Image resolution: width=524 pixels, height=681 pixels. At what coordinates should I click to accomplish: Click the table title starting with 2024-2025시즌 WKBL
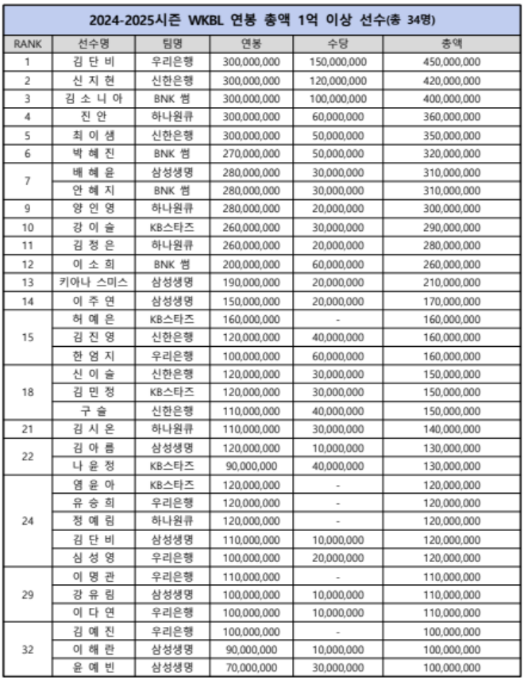262,18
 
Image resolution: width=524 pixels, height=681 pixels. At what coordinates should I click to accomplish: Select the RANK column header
28,43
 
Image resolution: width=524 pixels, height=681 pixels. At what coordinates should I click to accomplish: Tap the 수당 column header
338,43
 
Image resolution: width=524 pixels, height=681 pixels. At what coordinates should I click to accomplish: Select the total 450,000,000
451,61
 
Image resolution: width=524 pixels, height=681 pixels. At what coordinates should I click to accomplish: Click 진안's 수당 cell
338,116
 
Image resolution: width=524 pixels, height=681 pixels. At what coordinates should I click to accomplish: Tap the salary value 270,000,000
252,152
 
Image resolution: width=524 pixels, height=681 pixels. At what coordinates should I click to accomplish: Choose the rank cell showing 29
28,594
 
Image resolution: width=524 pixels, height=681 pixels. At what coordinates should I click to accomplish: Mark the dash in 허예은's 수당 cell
338,318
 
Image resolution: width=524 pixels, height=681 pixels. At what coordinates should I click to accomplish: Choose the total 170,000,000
451,300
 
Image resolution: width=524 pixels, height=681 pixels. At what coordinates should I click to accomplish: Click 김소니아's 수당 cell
338,98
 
